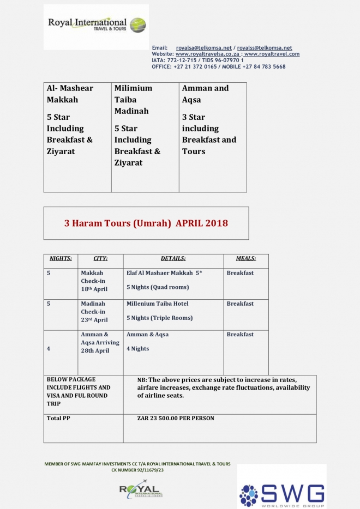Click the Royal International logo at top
[96, 26]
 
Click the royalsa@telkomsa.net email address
[203, 48]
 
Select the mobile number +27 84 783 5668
[266, 66]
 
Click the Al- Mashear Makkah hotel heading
[70, 94]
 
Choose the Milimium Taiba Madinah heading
[133, 99]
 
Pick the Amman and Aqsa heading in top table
[205, 94]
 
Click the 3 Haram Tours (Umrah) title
[146, 223]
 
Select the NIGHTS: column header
[61, 258]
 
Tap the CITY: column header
[100, 258]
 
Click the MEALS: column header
[245, 258]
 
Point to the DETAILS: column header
[173, 258]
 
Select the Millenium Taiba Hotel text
[157, 304]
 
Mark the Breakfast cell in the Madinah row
[240, 304]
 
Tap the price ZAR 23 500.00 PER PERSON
[176, 419]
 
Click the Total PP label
[58, 419]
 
